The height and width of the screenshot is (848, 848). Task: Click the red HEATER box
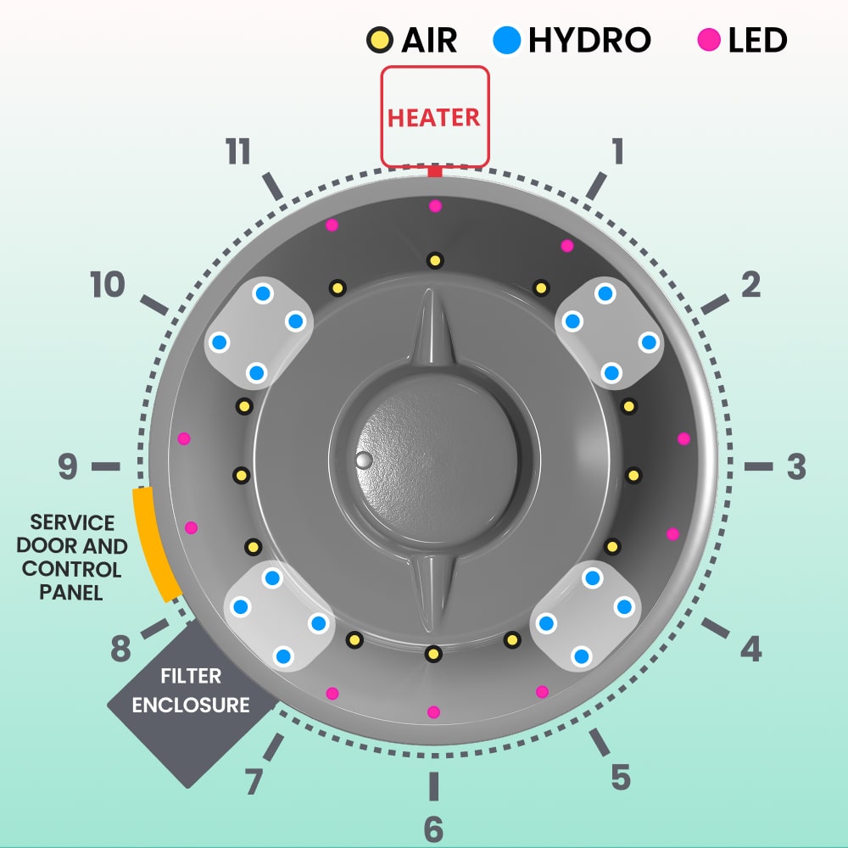point(434,116)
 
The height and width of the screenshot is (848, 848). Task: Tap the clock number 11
point(238,153)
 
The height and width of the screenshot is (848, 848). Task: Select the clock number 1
point(617,151)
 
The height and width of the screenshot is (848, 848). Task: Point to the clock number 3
point(795,466)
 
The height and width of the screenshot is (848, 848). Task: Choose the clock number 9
point(68,466)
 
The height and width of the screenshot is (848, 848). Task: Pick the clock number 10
point(108,285)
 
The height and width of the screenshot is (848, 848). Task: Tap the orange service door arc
point(154,544)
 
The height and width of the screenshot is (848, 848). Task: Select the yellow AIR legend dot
point(377,40)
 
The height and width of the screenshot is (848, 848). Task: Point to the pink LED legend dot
point(709,40)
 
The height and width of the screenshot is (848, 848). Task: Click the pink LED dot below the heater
point(435,206)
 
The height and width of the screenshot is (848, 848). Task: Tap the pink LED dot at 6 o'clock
point(433,712)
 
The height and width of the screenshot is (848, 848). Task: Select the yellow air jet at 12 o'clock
point(434,260)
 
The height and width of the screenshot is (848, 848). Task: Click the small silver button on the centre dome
point(364,460)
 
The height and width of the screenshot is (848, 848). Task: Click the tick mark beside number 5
point(600,742)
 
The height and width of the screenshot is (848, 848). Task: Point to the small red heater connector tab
point(435,172)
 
